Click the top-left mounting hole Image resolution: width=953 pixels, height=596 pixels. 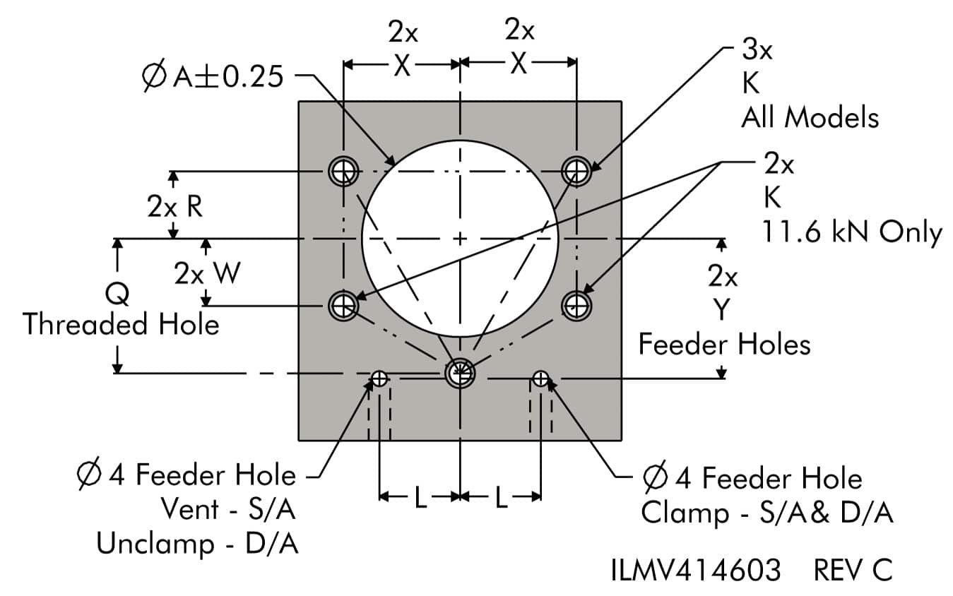pos(343,170)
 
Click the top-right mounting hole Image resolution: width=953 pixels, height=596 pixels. pos(577,170)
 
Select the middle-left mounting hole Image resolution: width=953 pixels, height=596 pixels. pos(344,306)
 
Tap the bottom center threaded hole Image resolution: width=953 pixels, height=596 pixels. pos(460,373)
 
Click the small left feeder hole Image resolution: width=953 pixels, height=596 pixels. pos(380,379)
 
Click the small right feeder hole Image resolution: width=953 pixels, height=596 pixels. pos(540,378)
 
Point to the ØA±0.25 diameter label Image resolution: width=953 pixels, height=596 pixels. pos(213,76)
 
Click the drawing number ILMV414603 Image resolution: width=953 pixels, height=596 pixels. pos(696,570)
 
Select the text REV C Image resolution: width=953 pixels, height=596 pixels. pos(853,570)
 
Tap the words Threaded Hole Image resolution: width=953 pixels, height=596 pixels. pos(121,324)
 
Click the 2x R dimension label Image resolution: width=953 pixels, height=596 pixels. pos(175,207)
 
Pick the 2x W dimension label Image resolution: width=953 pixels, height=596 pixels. pos(207,273)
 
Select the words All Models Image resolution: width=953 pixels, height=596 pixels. pos(810,117)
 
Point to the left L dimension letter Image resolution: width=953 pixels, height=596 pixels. pos(420,499)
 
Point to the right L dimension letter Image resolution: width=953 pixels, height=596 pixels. pos(501,499)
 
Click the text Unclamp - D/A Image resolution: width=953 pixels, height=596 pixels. pos(197,544)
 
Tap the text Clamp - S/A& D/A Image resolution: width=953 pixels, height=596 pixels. pos(766,513)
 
